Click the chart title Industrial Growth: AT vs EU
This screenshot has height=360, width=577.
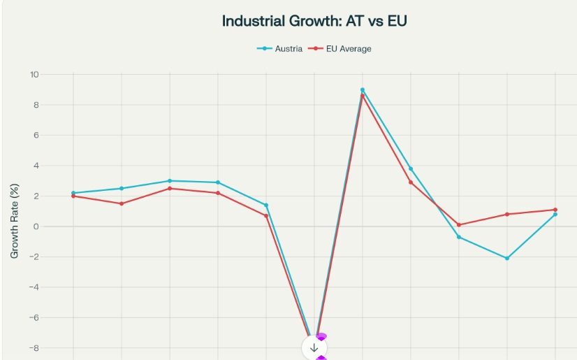coord(314,21)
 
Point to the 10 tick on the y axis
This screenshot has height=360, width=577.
coord(34,75)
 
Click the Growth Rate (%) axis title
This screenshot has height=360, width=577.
coord(15,220)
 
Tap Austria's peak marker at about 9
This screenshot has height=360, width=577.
coord(363,89)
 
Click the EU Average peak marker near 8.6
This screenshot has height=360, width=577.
coord(363,96)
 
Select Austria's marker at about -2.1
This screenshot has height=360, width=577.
coord(507,258)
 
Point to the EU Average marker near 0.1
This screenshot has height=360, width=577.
coord(459,225)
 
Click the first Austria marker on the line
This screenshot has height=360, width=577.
coord(73,193)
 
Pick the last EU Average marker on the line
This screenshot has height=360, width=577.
coord(555,210)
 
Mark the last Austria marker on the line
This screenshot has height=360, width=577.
coord(555,215)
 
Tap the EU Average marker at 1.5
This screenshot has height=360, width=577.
coord(122,203)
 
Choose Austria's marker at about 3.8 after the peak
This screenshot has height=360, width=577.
coord(411,168)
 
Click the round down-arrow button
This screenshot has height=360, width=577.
coord(314,347)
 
